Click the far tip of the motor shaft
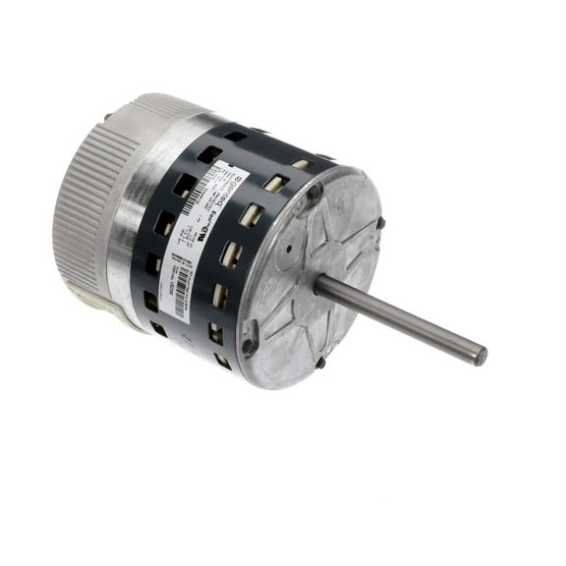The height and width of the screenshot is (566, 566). (x=480, y=355)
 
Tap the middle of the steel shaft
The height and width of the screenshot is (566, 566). (x=400, y=319)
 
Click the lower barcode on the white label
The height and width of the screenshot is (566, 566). (x=181, y=297)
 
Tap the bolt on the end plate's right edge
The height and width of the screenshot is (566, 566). (x=380, y=224)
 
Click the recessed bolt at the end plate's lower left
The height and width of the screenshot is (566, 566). (x=249, y=344)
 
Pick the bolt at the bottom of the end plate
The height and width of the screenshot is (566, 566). (x=320, y=363)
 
